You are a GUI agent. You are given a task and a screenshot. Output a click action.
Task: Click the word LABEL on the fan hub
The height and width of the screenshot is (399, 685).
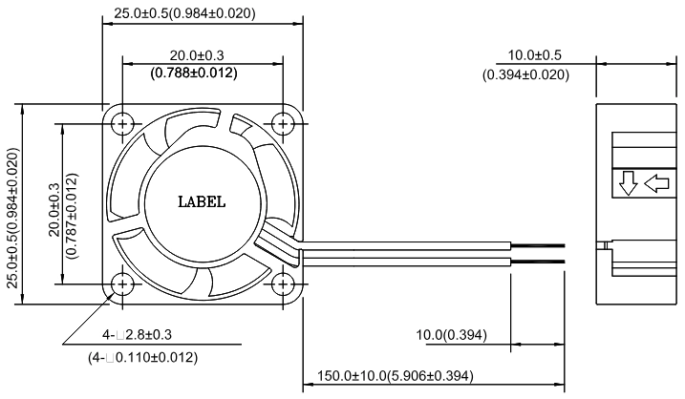pyautogui.click(x=202, y=201)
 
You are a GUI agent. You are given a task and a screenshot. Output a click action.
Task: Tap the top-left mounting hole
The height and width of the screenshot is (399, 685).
pyautogui.click(x=122, y=124)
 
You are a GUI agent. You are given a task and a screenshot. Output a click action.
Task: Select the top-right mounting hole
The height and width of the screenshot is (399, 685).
pyautogui.click(x=283, y=124)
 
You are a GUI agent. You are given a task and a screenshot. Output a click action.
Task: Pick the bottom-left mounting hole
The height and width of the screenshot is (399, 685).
pyautogui.click(x=122, y=284)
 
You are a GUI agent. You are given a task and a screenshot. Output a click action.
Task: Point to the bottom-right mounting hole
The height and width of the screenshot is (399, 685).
pyautogui.click(x=283, y=284)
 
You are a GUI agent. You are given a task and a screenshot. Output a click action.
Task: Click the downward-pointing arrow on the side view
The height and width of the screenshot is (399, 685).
pyautogui.click(x=629, y=183)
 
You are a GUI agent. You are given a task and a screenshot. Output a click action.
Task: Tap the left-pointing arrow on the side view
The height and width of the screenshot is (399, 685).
pyautogui.click(x=656, y=183)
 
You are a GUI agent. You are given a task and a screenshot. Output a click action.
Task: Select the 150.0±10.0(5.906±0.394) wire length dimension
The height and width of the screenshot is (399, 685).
pyautogui.click(x=395, y=375)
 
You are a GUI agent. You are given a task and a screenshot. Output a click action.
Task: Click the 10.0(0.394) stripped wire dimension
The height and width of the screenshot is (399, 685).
pyautogui.click(x=451, y=335)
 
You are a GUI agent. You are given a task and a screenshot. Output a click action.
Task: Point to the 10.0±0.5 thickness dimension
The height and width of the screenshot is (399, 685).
pyautogui.click(x=534, y=55)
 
